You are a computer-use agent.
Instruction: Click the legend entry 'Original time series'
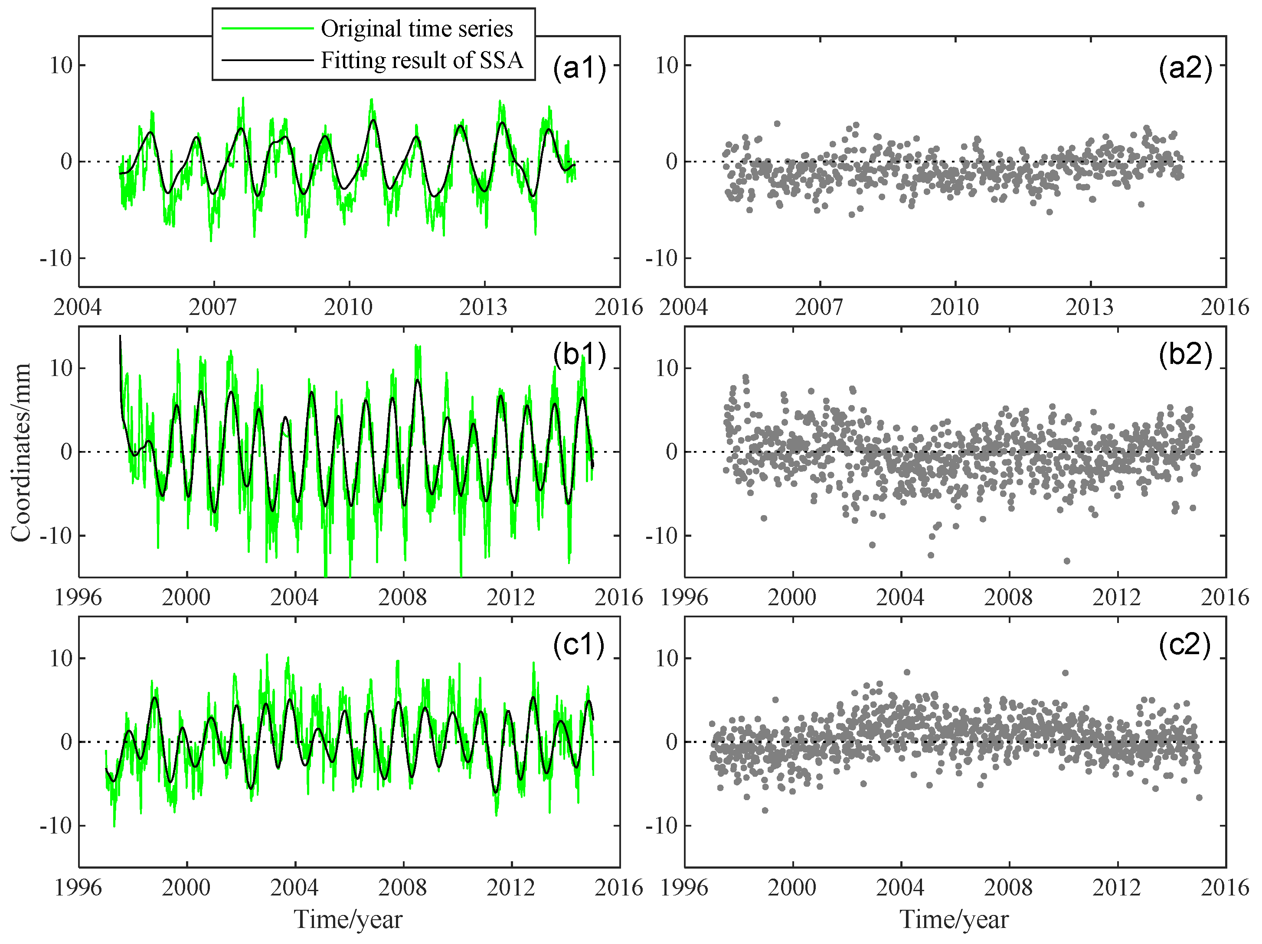coord(416,29)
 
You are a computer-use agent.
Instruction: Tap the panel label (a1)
coord(579,68)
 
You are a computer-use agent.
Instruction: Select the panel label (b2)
coord(1185,354)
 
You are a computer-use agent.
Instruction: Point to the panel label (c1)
coord(579,644)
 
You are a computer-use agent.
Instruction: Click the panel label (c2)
coord(1184,644)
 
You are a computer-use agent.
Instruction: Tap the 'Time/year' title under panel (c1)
coord(348,919)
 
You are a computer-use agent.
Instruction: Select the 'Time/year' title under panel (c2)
coord(954,919)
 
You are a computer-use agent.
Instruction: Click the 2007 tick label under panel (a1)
coord(213,307)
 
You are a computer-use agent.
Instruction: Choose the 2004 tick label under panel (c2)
coord(900,888)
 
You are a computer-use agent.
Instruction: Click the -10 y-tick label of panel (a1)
coord(56,258)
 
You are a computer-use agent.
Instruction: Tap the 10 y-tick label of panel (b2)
coord(667,368)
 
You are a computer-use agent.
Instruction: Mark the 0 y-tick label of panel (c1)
coord(66,742)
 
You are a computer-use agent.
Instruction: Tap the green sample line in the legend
coord(267,29)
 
